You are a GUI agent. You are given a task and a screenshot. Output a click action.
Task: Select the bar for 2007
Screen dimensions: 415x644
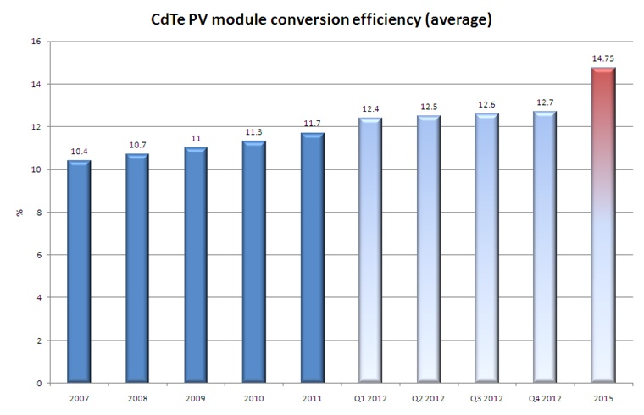click(79, 272)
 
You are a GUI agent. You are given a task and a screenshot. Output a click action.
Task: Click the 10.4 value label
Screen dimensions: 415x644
click(79, 151)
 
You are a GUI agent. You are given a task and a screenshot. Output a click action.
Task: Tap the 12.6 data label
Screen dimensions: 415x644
click(486, 105)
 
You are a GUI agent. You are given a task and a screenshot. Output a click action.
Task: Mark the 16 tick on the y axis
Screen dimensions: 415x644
click(35, 41)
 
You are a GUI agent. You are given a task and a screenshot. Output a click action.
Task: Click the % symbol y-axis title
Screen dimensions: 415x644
click(18, 213)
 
